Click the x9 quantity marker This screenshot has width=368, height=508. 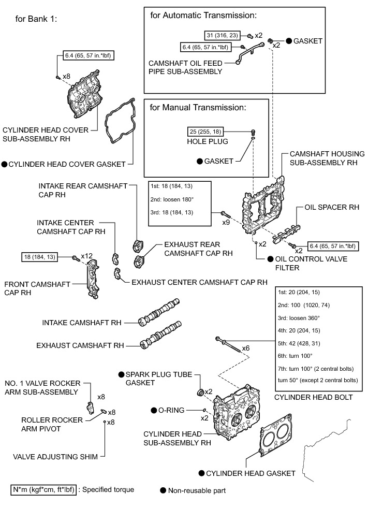(x=226, y=222)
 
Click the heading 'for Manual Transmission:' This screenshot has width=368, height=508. (x=197, y=108)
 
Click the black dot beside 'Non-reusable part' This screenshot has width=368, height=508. (x=163, y=489)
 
